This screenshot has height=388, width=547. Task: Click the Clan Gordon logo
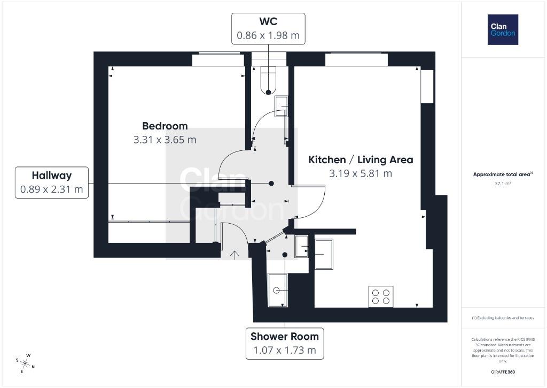(503, 30)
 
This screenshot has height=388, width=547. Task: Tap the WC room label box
(268, 29)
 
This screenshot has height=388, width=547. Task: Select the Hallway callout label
(52, 182)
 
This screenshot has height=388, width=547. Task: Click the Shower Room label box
(285, 343)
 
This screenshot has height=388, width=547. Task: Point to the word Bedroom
(165, 126)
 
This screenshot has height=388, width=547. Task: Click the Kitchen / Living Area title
(361, 159)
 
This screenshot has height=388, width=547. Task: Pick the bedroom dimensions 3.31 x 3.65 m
(165, 140)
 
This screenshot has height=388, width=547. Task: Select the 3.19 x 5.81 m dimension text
(361, 173)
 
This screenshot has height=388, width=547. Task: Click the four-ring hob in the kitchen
(380, 296)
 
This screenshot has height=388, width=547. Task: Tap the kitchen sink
(324, 254)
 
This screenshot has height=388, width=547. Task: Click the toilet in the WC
(268, 80)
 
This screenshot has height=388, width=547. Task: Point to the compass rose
(25, 363)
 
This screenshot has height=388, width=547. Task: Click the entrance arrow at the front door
(235, 255)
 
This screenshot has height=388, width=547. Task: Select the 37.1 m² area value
(503, 183)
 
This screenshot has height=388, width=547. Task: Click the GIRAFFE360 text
(503, 372)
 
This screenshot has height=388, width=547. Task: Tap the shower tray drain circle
(276, 291)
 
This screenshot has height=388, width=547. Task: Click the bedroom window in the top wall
(218, 59)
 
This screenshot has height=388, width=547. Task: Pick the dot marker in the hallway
(271, 183)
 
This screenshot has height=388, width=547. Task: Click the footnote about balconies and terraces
(503, 318)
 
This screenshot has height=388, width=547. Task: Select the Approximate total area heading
(503, 174)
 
